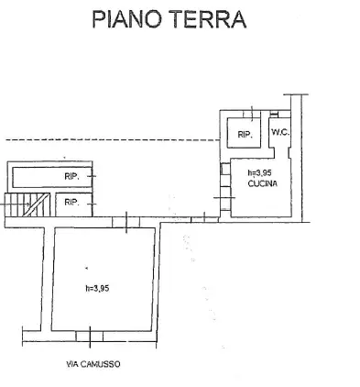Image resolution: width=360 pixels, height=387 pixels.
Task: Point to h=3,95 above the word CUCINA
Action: click(262, 172)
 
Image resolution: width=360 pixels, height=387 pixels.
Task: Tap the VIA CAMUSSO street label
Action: click(93, 363)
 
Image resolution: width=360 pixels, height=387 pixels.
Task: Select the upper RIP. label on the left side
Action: click(71, 176)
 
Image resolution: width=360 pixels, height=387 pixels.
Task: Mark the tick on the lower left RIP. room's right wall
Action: click(92, 202)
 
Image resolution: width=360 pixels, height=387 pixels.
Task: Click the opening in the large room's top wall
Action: click(119, 220)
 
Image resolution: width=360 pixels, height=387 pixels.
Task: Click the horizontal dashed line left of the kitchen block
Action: click(110, 139)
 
